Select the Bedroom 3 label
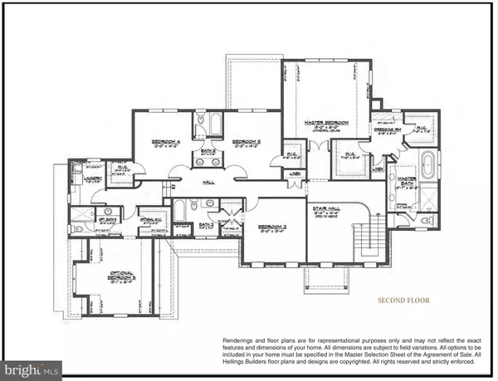[247, 143]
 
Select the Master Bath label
[406, 181]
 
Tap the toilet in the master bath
[427, 222]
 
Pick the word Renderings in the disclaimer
[241, 340]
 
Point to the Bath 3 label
[206, 224]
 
